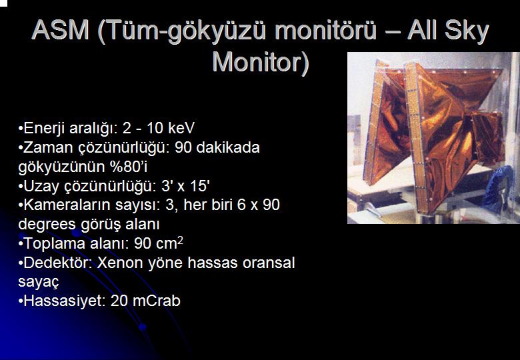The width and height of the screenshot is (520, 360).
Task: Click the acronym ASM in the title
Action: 61,30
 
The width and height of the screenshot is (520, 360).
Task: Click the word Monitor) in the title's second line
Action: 261,62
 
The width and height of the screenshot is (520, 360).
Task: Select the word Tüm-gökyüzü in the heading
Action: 186,31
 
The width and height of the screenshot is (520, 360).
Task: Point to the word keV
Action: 181,128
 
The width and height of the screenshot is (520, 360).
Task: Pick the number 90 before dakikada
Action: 183,147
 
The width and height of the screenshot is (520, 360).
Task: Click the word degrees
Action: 47,225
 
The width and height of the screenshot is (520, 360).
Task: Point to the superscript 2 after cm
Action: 180,240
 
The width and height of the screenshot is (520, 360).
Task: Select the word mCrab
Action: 156,301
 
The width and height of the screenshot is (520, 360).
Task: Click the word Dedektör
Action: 57,263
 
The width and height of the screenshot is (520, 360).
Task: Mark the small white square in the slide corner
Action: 3,3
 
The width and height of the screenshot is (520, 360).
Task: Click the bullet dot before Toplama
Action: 21,244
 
